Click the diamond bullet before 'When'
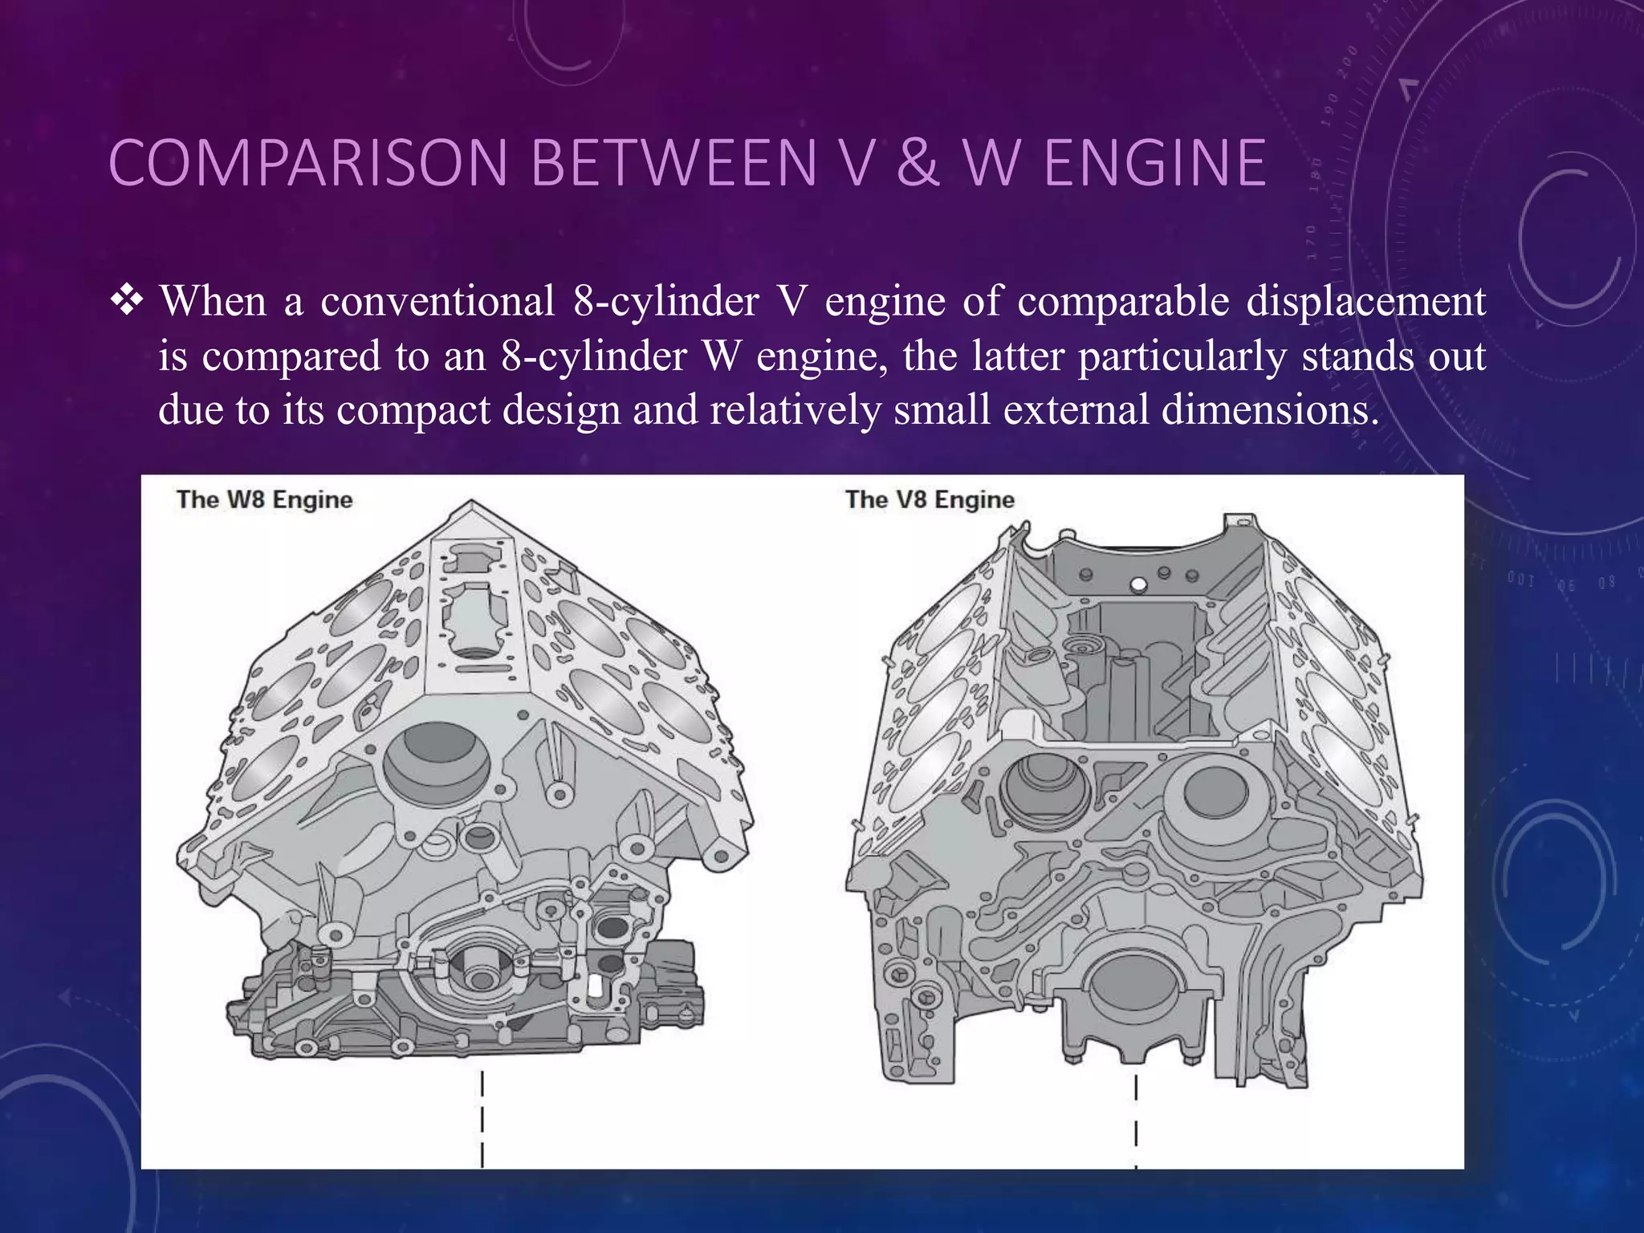(127, 302)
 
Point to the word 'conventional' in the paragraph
(437, 302)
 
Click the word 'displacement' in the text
(1366, 302)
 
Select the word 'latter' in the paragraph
(1017, 356)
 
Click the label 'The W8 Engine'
(265, 500)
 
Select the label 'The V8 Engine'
(930, 500)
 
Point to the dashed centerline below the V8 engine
(1136, 1121)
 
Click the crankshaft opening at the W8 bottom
(481, 973)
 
